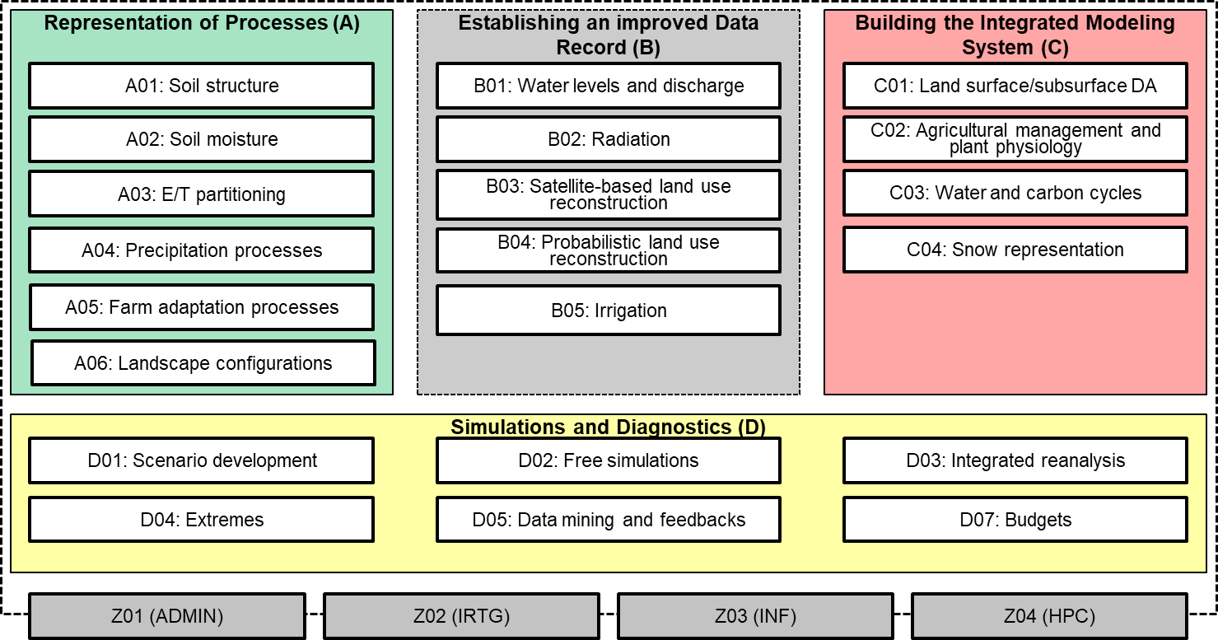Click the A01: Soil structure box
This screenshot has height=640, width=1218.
tap(201, 86)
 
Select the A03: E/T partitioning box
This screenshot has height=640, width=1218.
tap(201, 194)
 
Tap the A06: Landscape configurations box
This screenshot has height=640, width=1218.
tap(203, 362)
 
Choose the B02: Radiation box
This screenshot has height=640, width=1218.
tap(609, 139)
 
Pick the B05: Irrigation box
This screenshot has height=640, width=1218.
tap(609, 310)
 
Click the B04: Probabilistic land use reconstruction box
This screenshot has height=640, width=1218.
tap(609, 250)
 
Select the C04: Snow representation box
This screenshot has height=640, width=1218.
tap(1015, 250)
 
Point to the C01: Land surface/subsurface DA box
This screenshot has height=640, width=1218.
tap(1015, 86)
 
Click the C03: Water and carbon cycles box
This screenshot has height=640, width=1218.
tap(1015, 193)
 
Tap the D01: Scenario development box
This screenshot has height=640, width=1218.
tap(201, 460)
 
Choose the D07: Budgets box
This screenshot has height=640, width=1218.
tap(1015, 519)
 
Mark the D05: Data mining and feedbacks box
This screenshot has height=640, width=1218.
tap(609, 519)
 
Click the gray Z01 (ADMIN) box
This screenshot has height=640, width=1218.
tap(167, 616)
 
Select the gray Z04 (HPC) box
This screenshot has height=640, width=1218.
tap(1049, 616)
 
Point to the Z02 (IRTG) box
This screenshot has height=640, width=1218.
tap(462, 616)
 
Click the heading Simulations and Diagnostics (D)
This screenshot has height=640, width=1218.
tap(608, 427)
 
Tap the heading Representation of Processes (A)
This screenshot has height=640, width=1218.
tap(202, 23)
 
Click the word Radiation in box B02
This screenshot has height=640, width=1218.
tap(631, 139)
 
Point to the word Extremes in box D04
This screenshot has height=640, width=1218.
tap(225, 520)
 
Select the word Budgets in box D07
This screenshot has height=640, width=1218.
tap(1038, 521)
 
